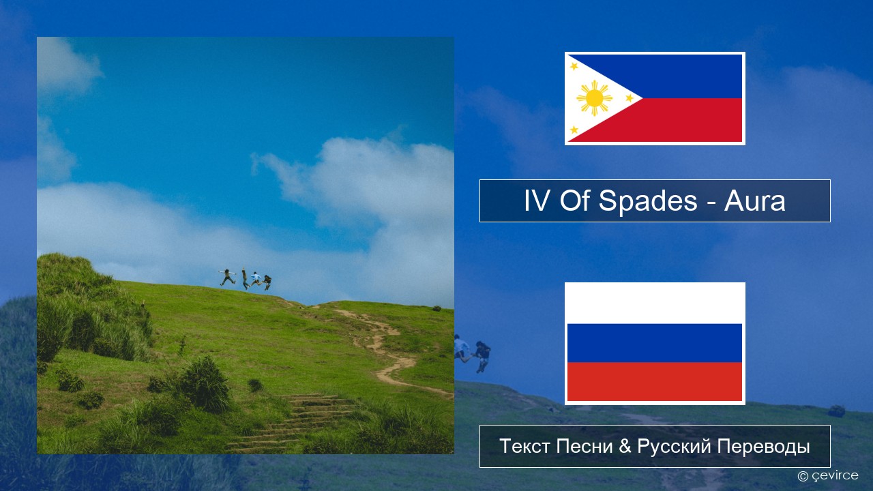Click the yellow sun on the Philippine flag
(594, 98)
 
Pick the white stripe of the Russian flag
(655, 304)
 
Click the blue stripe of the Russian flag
(655, 343)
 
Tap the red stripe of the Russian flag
(655, 381)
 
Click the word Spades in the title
(648, 201)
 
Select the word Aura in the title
(754, 201)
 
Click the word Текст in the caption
(525, 446)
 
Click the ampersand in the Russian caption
(625, 446)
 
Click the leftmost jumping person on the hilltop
(227, 277)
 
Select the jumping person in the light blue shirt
(256, 279)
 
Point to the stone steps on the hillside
(296, 421)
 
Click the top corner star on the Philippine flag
(574, 66)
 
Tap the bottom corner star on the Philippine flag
(574, 130)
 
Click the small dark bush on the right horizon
(436, 308)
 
